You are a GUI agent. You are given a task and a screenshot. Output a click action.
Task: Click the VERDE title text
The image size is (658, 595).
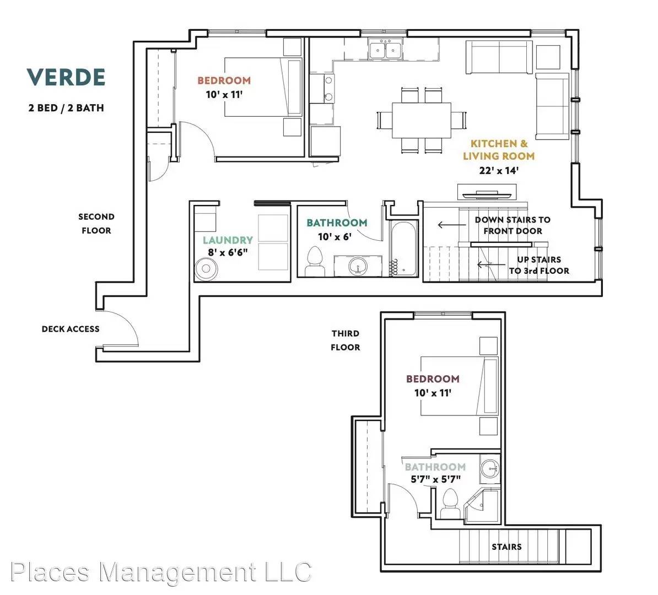pos(66,77)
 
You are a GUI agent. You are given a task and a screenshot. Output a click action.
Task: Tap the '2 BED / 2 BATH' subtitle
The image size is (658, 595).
pos(66,108)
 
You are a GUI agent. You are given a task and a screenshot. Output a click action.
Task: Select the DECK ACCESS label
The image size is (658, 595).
pos(71,329)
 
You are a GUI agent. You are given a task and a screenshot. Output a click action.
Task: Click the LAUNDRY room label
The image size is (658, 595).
pos(228,240)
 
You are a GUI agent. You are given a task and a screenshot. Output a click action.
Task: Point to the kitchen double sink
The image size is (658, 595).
pos(386,50)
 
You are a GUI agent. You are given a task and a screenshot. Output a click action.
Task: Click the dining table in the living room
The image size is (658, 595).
pos(422,121)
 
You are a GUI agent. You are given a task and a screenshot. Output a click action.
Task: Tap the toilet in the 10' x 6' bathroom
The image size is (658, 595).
pos(315,261)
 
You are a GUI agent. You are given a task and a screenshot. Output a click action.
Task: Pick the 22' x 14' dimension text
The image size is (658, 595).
pos(499,170)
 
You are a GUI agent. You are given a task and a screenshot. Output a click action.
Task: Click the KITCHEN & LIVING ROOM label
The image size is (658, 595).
pos(499,150)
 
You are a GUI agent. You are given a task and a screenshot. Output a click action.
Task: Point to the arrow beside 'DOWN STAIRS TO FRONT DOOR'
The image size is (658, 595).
pos(452,225)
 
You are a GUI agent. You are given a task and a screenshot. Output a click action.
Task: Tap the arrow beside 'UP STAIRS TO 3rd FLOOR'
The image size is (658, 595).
pos(491,264)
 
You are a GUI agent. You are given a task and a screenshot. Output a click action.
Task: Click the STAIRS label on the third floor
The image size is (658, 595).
pos(506,547)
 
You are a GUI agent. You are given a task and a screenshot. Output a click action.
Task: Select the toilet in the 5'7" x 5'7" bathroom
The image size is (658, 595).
pos(451,503)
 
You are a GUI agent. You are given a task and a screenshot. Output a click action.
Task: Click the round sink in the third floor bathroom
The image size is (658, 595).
pos(490,468)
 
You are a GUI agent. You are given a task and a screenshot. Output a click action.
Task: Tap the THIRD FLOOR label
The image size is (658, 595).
pos(346,340)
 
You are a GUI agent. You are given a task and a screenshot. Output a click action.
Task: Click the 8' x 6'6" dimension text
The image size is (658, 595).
pos(228,253)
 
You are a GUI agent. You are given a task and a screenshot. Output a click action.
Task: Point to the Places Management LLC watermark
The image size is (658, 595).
pos(161,571)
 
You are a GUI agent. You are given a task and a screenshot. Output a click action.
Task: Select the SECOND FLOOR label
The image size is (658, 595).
pos(96,224)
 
